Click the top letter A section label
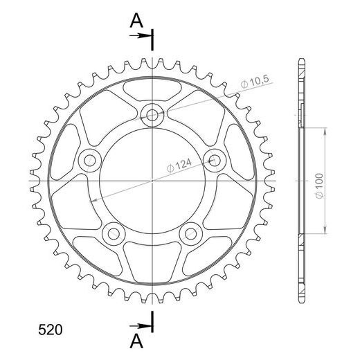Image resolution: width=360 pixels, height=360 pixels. click(136, 21)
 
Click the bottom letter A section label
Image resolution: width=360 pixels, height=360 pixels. click(136, 341)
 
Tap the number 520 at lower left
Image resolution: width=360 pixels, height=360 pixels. click(51, 330)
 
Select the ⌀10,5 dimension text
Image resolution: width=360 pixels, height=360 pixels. click(255, 82)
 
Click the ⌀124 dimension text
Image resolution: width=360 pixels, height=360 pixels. click(179, 165)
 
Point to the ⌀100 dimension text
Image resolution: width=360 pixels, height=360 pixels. click(319, 186)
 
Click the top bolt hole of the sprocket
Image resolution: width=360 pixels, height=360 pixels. click(152, 115)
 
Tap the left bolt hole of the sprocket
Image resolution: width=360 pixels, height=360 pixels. click(90, 161)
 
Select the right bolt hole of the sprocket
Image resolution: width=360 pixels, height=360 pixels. click(215, 161)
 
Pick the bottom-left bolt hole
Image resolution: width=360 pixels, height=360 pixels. click(114, 234)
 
